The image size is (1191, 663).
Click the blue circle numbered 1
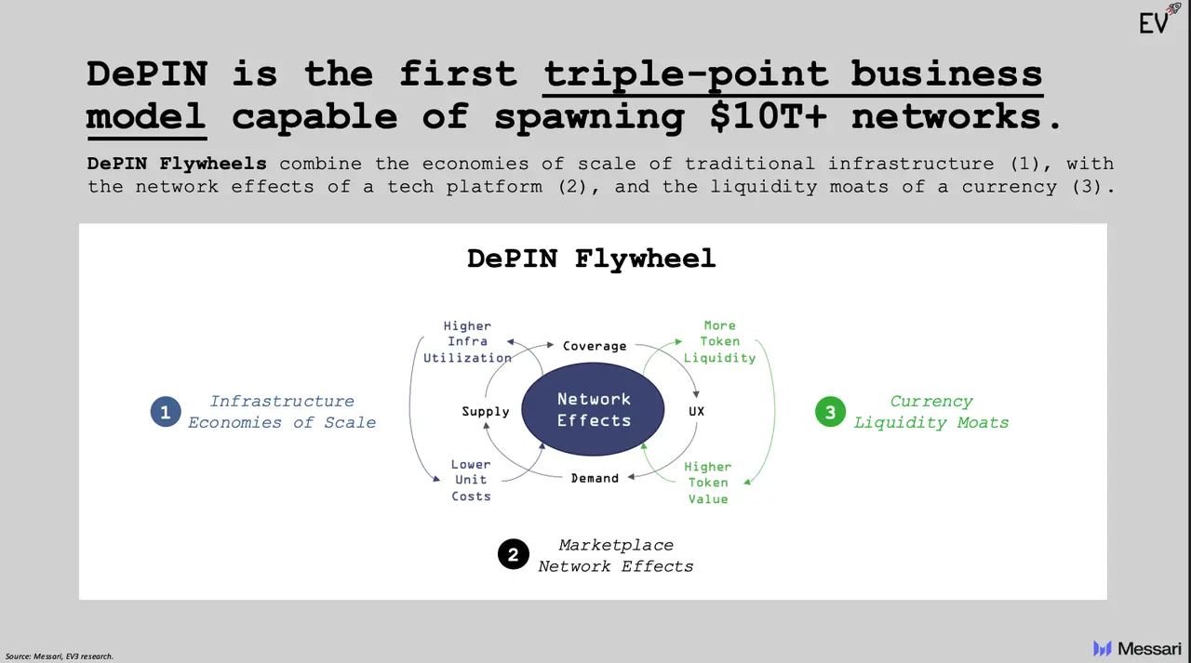point(166,412)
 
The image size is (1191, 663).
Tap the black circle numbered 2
point(514,555)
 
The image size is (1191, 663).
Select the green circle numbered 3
point(830,412)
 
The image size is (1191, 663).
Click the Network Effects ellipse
point(594,410)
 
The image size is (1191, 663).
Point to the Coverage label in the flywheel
point(595,346)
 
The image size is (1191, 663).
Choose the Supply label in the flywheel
point(486,411)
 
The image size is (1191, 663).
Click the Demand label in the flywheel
point(595,478)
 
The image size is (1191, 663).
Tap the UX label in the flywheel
point(696,411)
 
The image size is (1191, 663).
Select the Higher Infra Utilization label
point(467,341)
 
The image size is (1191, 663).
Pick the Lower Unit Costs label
point(471,480)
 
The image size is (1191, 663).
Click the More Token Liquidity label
point(719,341)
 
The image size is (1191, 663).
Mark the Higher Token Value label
point(708,483)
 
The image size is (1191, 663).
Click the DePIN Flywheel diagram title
point(592,258)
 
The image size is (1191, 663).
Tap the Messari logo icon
point(1103,648)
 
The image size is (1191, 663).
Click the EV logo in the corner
point(1154,22)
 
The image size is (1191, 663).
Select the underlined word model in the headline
point(146,117)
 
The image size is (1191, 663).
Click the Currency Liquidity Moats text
point(931,412)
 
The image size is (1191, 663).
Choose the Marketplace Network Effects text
point(616,555)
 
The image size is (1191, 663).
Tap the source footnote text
point(60,656)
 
